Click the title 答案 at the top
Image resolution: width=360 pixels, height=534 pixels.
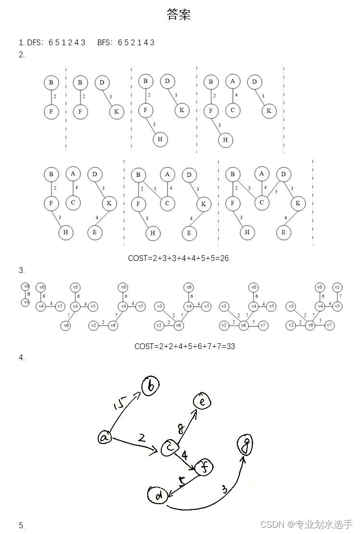point(179,15)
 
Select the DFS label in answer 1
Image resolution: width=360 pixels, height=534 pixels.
point(34,43)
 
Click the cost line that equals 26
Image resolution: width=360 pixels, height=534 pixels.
point(178,258)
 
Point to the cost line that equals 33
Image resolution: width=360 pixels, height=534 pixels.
point(184,346)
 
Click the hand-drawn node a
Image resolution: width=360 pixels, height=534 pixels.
point(104,437)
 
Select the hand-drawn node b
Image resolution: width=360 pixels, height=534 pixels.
point(150,386)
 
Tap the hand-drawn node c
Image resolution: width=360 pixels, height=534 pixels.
point(169,448)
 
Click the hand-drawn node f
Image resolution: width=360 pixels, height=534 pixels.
point(204,467)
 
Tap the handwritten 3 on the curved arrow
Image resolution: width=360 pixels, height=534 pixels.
point(224,490)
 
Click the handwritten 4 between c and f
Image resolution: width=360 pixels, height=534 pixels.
point(185,455)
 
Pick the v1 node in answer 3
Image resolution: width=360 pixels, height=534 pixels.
point(337,287)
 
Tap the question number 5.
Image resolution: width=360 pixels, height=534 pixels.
point(21,525)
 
